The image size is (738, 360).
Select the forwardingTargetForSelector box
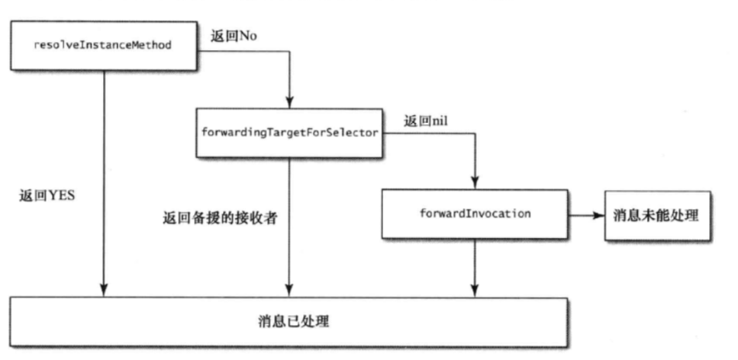tap(288, 133)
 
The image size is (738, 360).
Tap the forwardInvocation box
tap(475, 214)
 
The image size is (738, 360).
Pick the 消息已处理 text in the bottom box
tap(293, 321)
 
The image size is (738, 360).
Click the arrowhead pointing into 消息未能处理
tap(598, 215)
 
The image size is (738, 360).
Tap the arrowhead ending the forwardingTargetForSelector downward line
tap(288, 291)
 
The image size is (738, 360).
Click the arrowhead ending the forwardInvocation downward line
tap(475, 291)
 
